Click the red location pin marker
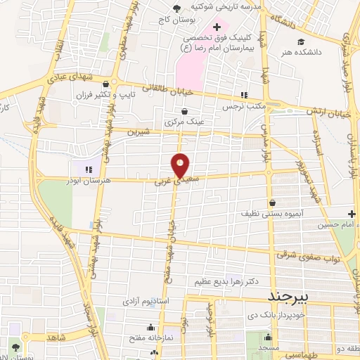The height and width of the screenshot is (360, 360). pos(181,165)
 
